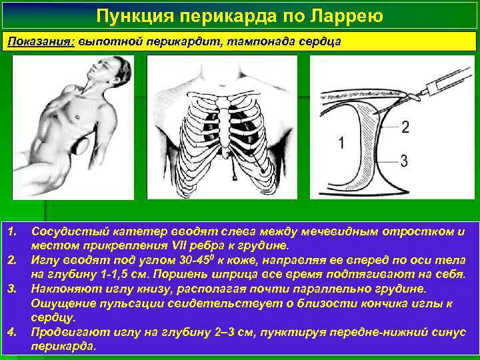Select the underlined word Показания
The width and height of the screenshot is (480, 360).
coord(41,41)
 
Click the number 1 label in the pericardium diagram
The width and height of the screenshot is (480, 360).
coord(341,142)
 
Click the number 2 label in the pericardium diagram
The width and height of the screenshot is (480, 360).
coord(405,127)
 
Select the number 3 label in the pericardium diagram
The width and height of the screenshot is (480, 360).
coord(405,159)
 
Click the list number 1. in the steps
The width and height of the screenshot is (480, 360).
coord(12,231)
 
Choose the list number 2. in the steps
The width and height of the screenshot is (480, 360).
coord(12,258)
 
